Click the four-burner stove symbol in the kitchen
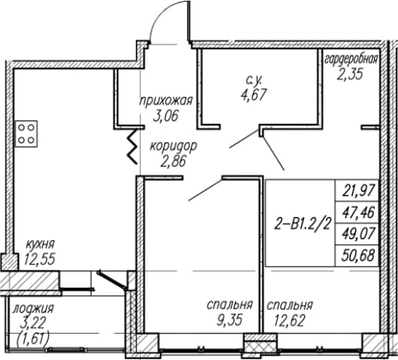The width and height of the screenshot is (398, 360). [26, 134]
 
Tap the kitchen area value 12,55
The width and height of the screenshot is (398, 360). [40, 259]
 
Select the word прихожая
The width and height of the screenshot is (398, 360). [166, 101]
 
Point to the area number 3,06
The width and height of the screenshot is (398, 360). [165, 116]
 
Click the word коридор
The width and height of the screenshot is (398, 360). [174, 147]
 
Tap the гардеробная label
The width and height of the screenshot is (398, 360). [351, 60]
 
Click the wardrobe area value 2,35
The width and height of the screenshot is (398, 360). [350, 75]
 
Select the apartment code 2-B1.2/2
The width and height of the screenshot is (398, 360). [303, 225]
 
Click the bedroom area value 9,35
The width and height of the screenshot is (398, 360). [230, 321]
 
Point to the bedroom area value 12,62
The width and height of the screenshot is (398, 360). [290, 321]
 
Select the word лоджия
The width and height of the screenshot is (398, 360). [33, 308]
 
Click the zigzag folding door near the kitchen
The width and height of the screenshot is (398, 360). [133, 146]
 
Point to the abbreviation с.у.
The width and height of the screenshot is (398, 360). [254, 81]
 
